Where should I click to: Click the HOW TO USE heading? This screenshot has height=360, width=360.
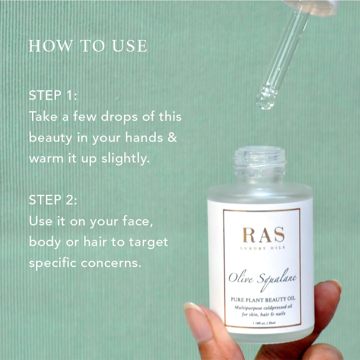click(88, 46)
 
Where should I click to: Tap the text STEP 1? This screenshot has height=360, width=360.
click(53, 95)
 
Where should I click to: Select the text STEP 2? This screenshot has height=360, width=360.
click(53, 200)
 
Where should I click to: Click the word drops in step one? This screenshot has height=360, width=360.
click(119, 117)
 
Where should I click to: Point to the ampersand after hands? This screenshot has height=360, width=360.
click(172, 137)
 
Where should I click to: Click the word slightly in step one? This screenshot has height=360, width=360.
click(125, 159)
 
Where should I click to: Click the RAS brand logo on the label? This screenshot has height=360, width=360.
click(264, 235)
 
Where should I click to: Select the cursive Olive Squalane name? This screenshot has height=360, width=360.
click(262, 279)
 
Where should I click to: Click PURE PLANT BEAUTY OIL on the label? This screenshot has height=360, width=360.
click(263, 299)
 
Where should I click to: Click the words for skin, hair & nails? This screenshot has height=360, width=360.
click(263, 314)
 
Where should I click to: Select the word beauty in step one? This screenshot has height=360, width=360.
click(51, 138)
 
